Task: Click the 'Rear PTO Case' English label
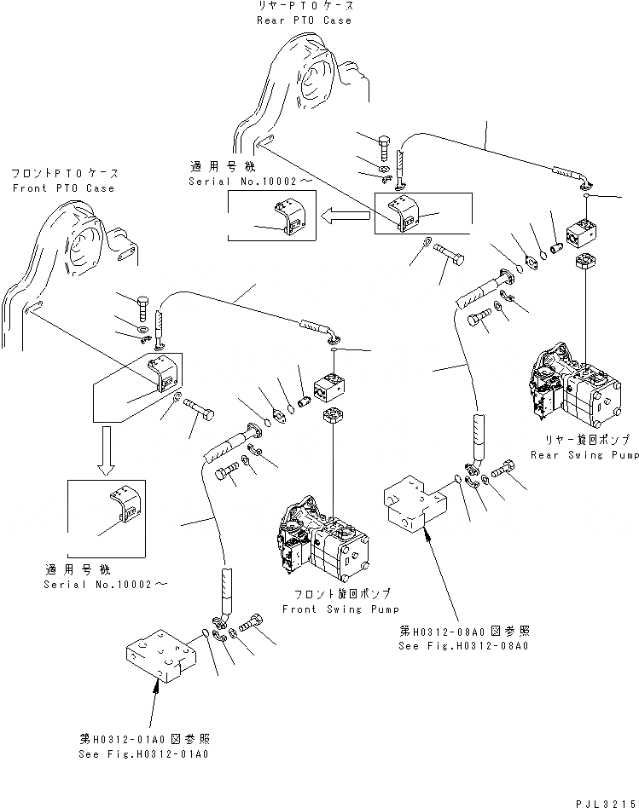pyautogui.click(x=303, y=20)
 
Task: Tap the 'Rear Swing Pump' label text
pyautogui.click(x=584, y=455)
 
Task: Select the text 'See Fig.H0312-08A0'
pyautogui.click(x=463, y=646)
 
